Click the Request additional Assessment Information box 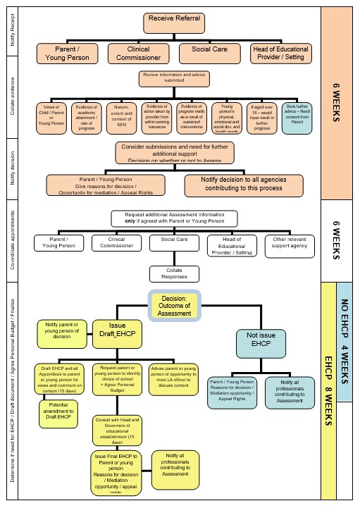184,218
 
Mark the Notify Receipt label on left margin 13,32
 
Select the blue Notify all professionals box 289,390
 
